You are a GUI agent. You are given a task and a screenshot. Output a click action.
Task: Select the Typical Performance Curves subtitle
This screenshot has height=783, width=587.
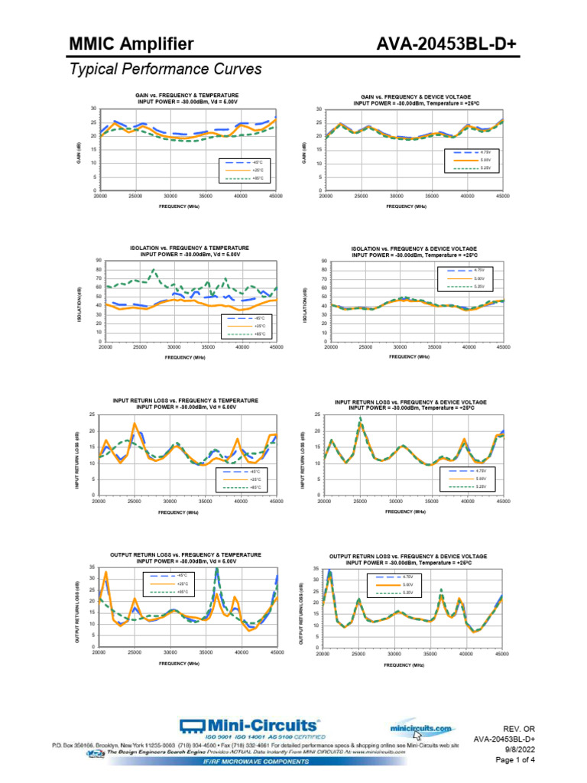pyautogui.click(x=165, y=70)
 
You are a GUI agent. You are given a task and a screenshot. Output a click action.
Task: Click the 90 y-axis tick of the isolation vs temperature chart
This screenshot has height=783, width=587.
pyautogui.click(x=99, y=260)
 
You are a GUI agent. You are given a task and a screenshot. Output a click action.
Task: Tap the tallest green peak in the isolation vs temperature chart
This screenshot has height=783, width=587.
pyautogui.click(x=154, y=270)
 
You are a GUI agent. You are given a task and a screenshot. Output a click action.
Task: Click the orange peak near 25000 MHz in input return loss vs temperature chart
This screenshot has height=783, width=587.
pyautogui.click(x=135, y=424)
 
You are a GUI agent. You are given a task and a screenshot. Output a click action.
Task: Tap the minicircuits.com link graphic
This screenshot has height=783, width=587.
pyautogui.click(x=420, y=729)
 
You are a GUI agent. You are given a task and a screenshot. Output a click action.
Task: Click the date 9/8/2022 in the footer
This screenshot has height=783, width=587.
pyautogui.click(x=520, y=749)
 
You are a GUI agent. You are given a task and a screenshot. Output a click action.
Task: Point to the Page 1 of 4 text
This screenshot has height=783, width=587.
pyautogui.click(x=515, y=760)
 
